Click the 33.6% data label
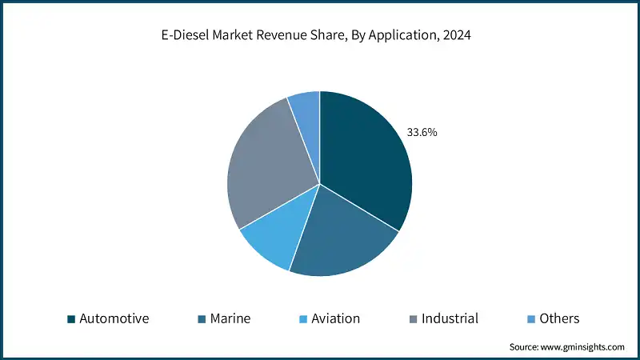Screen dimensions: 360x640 (x=422, y=133)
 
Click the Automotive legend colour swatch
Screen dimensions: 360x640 (x=71, y=319)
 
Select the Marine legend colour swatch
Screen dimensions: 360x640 (x=202, y=319)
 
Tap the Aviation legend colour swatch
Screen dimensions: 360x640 (x=303, y=319)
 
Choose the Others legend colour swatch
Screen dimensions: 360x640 (x=531, y=319)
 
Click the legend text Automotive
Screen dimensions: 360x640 (x=114, y=318)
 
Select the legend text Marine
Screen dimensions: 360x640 (x=230, y=318)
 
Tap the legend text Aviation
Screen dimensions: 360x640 (x=335, y=318)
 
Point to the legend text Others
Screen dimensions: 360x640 (x=558, y=318)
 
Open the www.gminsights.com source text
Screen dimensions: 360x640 (x=584, y=347)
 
